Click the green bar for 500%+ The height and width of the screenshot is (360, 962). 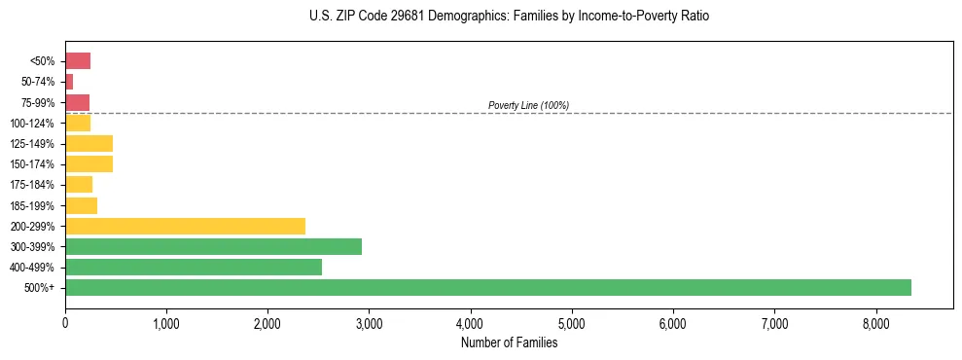487,287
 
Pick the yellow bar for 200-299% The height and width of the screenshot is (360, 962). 185,226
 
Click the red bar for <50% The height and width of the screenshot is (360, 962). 78,61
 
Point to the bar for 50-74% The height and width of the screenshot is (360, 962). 69,82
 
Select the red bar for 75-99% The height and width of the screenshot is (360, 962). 77,102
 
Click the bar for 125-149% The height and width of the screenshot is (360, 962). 89,143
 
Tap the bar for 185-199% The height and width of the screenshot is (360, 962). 81,205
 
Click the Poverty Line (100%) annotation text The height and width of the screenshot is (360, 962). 528,105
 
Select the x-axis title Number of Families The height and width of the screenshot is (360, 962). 509,342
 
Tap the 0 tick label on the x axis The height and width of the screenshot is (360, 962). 65,323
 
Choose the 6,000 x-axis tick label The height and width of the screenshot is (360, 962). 673,323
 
